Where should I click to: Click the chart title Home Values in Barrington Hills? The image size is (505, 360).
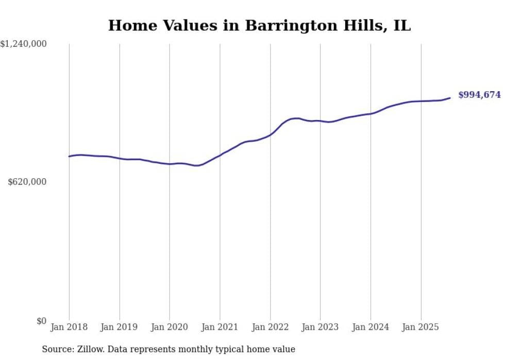(x=259, y=26)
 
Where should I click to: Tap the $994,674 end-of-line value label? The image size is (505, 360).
(x=479, y=95)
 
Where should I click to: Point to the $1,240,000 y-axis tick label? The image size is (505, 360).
(x=24, y=45)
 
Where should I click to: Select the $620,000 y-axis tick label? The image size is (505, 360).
(x=27, y=182)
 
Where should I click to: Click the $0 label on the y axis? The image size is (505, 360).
(x=42, y=321)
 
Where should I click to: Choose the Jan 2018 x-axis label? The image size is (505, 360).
(x=69, y=328)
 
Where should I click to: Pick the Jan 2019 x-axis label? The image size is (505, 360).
(x=120, y=328)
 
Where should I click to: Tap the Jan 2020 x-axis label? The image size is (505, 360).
(x=170, y=328)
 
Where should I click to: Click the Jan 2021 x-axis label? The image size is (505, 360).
(x=220, y=328)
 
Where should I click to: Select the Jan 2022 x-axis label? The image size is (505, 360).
(x=270, y=328)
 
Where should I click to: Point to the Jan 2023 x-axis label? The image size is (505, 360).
(x=320, y=328)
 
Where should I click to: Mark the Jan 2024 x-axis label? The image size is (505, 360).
(x=371, y=328)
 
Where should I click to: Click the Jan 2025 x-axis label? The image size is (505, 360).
(x=420, y=328)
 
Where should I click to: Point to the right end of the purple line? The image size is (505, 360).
(x=450, y=98)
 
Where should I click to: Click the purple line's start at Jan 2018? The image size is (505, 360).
(x=69, y=156)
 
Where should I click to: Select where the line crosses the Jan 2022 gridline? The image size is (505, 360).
(x=270, y=135)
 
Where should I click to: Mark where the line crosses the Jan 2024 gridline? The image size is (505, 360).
(x=371, y=113)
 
